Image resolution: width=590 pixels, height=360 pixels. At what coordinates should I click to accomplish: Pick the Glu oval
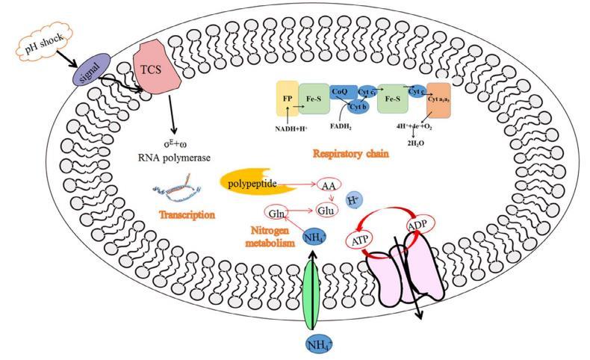(326, 211)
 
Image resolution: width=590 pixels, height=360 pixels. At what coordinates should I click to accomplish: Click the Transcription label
(187, 214)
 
